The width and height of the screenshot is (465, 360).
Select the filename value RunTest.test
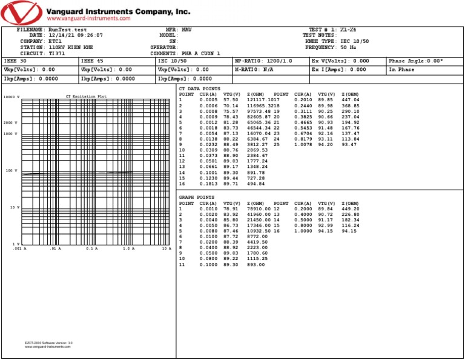67,30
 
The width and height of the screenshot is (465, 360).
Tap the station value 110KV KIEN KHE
71,47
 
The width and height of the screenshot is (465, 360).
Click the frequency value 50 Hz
348,47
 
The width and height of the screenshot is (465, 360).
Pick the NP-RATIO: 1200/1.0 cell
263,61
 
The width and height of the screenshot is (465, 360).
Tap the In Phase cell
401,70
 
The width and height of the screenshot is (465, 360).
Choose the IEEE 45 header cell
92,61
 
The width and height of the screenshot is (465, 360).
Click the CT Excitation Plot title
86,96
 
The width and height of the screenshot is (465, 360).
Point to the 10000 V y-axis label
12,97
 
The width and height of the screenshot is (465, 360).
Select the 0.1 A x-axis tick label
92,248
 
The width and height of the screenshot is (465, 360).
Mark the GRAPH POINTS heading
197,198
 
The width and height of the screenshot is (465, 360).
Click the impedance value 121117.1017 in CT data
263,100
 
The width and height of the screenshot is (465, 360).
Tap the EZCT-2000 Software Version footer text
48,344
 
